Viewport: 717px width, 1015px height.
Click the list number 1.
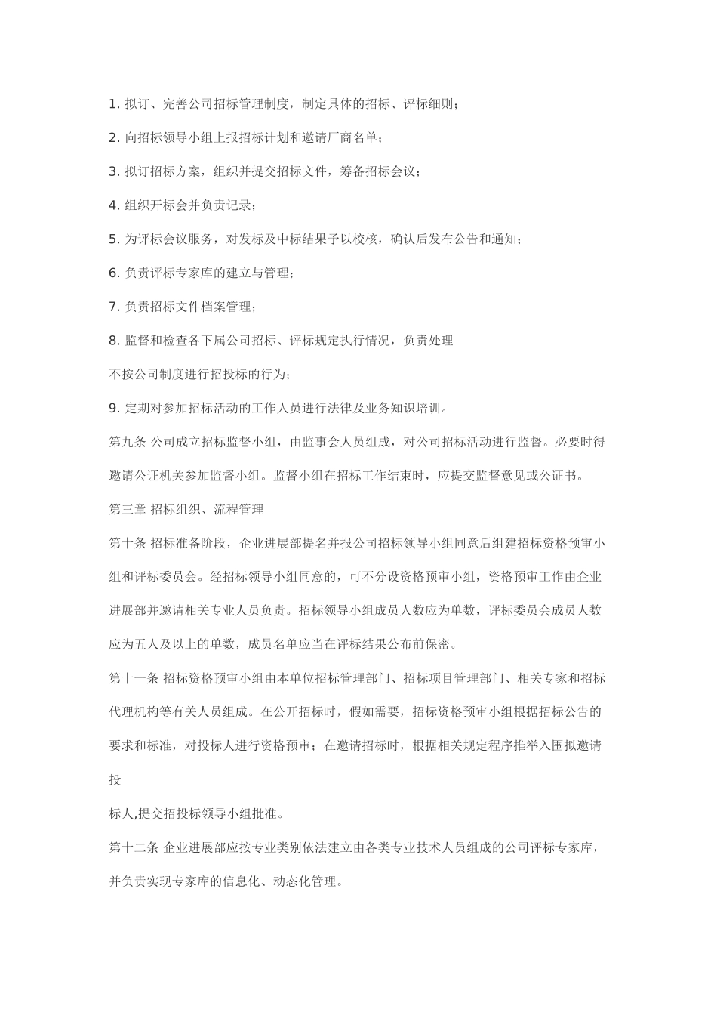tap(114, 103)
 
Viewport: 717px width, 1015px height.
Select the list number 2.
tap(114, 137)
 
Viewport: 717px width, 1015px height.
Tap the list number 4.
tap(114, 205)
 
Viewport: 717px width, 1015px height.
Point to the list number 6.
tap(114, 273)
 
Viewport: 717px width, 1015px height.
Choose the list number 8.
tap(114, 341)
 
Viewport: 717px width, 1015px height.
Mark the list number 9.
tap(114, 409)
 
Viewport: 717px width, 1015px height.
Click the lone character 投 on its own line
tap(115, 780)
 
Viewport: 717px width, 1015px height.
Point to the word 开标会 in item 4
tap(169, 205)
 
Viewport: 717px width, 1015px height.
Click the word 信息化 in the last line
tap(233, 881)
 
